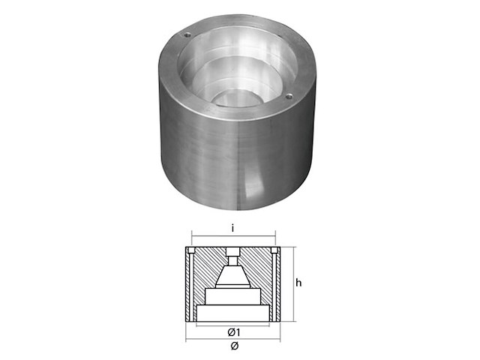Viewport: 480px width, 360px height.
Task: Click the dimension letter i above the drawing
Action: (x=233, y=228)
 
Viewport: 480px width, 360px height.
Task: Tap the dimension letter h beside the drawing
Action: (x=298, y=283)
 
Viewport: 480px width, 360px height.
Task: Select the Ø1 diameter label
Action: (x=234, y=332)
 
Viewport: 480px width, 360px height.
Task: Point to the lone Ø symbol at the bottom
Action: (x=234, y=346)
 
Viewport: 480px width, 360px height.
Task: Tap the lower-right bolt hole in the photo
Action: (x=289, y=97)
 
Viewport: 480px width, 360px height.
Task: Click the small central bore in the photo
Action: (x=237, y=99)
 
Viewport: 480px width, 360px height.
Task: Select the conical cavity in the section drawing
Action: (x=233, y=275)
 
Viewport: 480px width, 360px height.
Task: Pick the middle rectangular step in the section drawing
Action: (x=232, y=297)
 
